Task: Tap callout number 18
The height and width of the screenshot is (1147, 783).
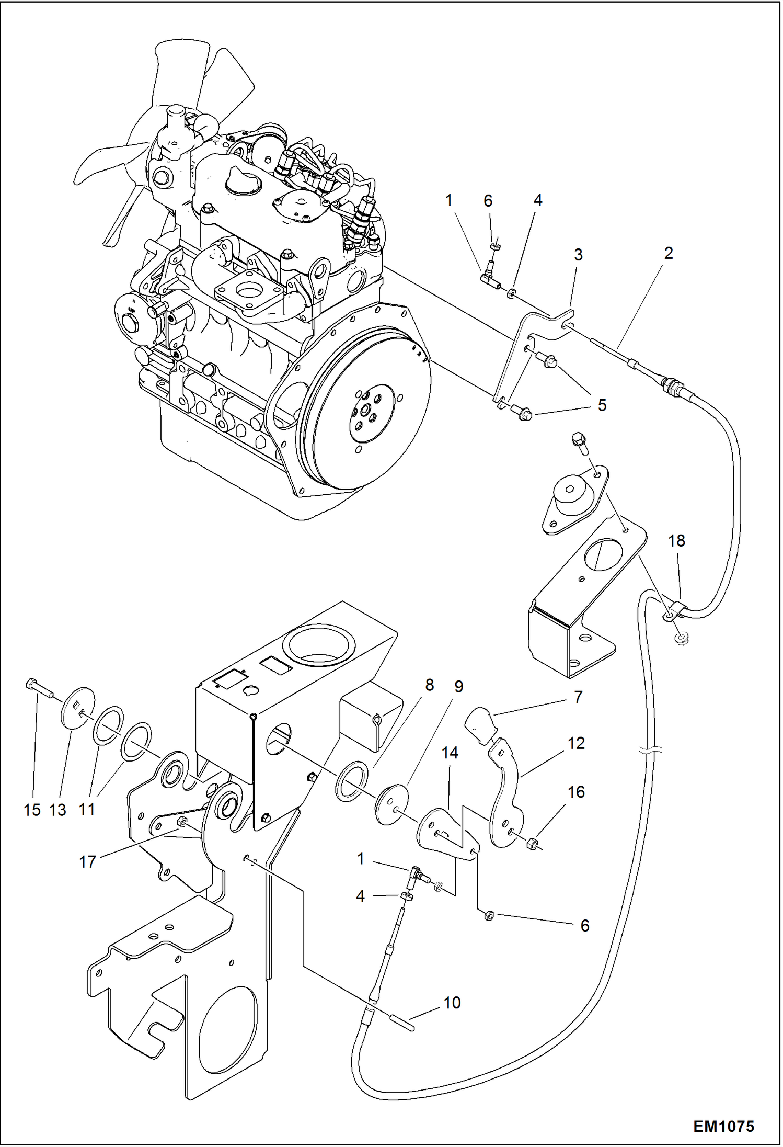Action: (677, 541)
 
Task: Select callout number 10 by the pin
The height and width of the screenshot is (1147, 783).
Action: (452, 1003)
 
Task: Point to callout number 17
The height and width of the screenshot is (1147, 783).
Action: (87, 861)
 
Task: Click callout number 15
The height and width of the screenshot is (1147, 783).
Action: (32, 810)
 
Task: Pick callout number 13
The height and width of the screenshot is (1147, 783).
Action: (57, 810)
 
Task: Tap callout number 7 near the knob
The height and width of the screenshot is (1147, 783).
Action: (578, 697)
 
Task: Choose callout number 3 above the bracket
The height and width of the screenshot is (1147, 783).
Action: (578, 255)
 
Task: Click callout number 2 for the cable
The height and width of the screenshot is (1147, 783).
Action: (669, 253)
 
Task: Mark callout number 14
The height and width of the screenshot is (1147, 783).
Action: (450, 753)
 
